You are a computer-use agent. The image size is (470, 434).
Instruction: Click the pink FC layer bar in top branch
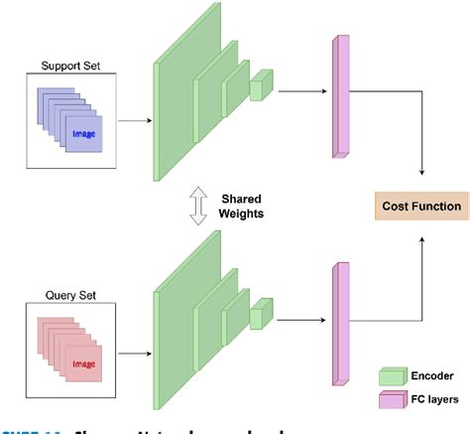[x=343, y=95]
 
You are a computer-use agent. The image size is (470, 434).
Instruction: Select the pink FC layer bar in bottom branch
[x=343, y=322]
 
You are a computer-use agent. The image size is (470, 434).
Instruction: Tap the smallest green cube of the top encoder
[x=260, y=87]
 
